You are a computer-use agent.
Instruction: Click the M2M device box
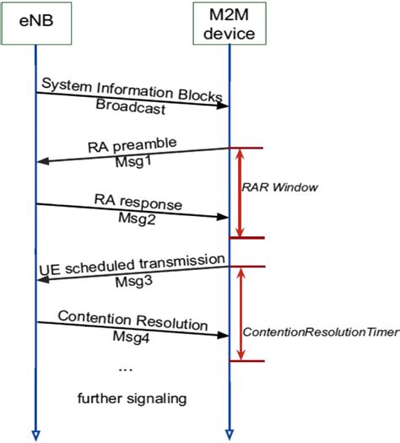click(x=230, y=23)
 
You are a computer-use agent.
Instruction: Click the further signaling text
click(x=131, y=396)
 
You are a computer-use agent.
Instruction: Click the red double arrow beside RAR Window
click(x=241, y=192)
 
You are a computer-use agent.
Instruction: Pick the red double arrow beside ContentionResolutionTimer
click(x=241, y=314)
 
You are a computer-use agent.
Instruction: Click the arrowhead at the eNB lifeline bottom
click(x=35, y=435)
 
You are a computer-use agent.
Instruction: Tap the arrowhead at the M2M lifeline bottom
click(x=230, y=435)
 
